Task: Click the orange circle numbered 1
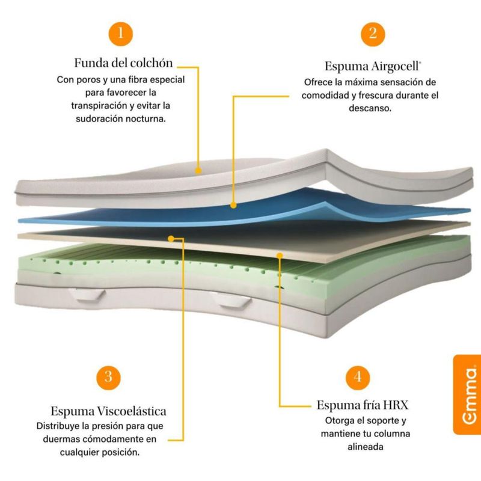point(121,32)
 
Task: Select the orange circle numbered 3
point(108,377)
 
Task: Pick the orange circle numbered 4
point(358,377)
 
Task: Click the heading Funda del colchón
point(124,63)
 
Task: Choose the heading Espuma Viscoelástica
point(108,411)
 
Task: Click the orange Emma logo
point(467,394)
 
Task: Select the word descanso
point(370,109)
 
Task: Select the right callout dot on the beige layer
point(280,255)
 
